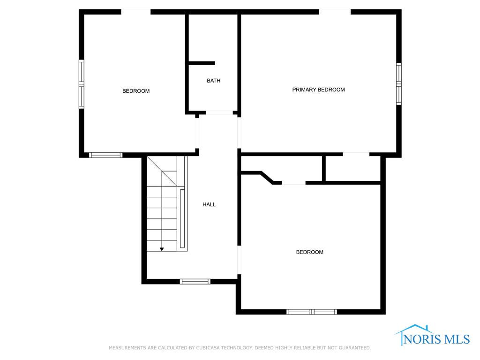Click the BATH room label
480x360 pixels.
pyautogui.click(x=213, y=81)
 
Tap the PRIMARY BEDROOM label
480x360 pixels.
pyautogui.click(x=318, y=90)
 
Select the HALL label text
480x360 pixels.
pyautogui.click(x=209, y=204)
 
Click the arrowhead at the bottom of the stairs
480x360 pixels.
pyautogui.click(x=162, y=249)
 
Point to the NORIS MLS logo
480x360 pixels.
pyautogui.click(x=432, y=336)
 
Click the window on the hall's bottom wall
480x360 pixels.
pyautogui.click(x=195, y=282)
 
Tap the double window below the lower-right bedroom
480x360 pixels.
pyautogui.click(x=312, y=312)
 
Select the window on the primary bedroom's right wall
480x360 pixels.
pyautogui.click(x=399, y=83)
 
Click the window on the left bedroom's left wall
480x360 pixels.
pyautogui.click(x=82, y=84)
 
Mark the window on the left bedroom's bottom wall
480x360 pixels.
pyautogui.click(x=105, y=155)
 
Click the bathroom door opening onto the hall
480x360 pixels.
pyautogui.click(x=219, y=113)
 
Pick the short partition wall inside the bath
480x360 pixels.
pyautogui.click(x=202, y=63)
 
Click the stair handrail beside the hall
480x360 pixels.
pyautogui.click(x=182, y=218)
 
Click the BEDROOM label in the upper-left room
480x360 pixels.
pyautogui.click(x=136, y=91)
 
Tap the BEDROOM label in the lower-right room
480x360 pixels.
pyautogui.click(x=309, y=252)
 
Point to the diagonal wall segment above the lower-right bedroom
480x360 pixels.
pyautogui.click(x=267, y=178)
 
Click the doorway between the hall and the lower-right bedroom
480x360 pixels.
pyautogui.click(x=239, y=260)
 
